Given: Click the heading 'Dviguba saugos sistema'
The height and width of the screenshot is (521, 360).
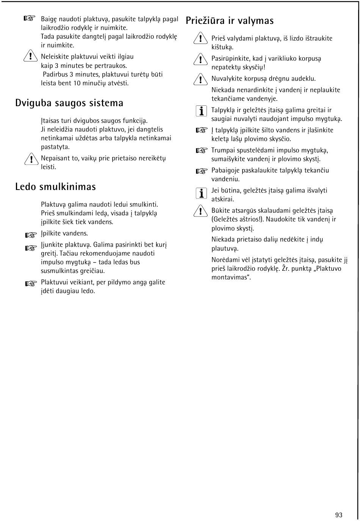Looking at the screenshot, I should (69, 103).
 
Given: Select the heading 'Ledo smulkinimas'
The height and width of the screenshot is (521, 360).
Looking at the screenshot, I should (56, 187).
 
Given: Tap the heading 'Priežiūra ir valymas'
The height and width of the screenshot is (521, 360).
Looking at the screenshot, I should (230, 20).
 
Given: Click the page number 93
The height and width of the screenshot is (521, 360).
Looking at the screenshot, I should (338, 515).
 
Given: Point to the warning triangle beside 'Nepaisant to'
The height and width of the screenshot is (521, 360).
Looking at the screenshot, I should (28, 159).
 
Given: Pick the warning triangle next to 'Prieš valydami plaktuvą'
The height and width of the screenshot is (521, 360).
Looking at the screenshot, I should (199, 39).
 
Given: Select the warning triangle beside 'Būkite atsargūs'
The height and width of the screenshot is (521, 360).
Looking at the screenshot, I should (199, 211).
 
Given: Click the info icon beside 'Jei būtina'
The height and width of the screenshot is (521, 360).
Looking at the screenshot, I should (201, 193).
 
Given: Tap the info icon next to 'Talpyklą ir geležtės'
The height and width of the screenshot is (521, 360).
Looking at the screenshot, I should (201, 111).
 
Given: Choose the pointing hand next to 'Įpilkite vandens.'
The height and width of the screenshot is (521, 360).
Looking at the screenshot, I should (31, 235).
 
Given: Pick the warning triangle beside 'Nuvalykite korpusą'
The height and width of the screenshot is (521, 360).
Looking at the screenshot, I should (199, 79).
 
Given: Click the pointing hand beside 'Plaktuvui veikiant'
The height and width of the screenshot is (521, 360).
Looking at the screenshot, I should (31, 284).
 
